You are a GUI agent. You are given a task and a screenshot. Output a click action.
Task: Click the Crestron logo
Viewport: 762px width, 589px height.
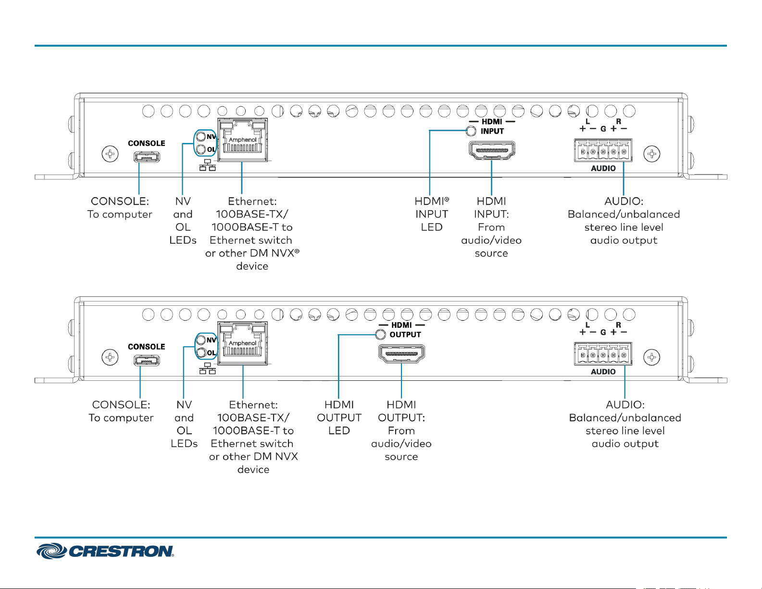(105, 551)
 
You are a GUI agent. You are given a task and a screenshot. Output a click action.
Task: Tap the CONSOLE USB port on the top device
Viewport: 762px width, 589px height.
(147, 157)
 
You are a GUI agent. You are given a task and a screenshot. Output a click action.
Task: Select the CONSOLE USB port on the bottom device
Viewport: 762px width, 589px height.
(147, 360)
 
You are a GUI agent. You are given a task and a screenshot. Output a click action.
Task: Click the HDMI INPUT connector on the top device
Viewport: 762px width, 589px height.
(492, 150)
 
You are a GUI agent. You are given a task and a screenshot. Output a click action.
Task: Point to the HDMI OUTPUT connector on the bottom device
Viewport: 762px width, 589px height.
(401, 353)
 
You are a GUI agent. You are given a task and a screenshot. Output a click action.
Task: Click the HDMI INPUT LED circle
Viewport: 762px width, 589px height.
(471, 131)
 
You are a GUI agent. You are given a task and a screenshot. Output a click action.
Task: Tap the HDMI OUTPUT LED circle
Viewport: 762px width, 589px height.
(380, 334)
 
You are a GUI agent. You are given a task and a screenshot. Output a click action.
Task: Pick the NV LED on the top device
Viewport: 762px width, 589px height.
(200, 137)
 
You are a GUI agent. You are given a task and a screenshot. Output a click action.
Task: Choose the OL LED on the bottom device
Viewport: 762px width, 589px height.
(200, 353)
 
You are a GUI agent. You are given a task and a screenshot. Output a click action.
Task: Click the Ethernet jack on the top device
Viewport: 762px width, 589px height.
(243, 139)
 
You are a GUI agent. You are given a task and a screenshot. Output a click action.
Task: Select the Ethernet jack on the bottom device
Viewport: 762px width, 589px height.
(243, 343)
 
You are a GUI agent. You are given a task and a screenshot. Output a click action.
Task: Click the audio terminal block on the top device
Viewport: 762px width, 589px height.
(603, 150)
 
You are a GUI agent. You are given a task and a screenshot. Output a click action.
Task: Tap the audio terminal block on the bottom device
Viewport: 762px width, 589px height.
(603, 354)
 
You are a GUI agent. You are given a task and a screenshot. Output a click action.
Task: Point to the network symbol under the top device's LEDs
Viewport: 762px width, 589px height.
(208, 165)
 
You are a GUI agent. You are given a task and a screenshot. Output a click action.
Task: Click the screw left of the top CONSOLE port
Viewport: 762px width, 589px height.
(110, 153)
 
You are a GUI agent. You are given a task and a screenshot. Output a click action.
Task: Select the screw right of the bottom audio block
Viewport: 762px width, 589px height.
(652, 357)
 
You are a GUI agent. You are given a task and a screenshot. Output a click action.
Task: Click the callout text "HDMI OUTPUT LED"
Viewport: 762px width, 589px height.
(339, 417)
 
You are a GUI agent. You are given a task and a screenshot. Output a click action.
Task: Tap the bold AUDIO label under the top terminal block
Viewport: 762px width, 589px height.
(603, 168)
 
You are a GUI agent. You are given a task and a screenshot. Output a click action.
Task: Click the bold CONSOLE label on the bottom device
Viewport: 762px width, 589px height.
(147, 347)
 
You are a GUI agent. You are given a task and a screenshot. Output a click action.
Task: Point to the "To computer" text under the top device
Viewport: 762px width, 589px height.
(120, 214)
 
